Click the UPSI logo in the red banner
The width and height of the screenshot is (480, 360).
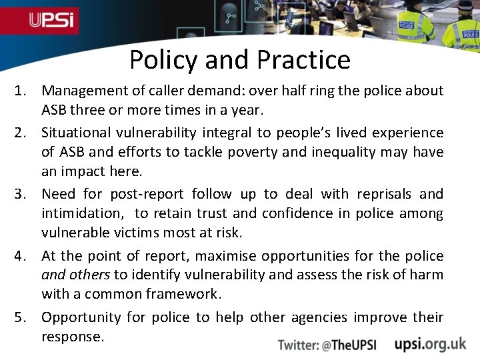[53, 20]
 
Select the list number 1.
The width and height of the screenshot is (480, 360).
[21, 90]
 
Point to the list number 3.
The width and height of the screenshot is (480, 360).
[21, 194]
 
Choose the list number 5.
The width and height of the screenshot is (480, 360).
[21, 317]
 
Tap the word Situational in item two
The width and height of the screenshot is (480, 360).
[75, 133]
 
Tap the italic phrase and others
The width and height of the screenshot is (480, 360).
[76, 275]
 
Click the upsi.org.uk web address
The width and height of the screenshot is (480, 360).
[430, 343]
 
